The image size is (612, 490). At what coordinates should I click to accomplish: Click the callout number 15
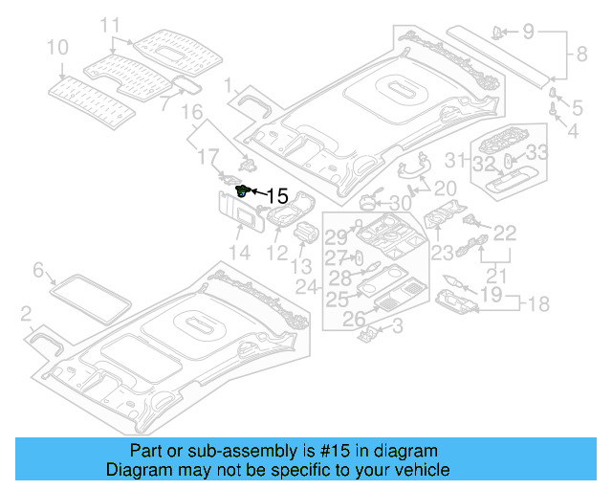tap(276, 196)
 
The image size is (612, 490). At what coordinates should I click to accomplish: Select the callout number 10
tap(56, 46)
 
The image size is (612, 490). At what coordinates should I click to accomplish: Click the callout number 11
tap(111, 23)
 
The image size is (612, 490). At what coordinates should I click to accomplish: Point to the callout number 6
tap(38, 271)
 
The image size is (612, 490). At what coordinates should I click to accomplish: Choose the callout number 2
tap(26, 312)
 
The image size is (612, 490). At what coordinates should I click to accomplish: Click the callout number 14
tap(238, 253)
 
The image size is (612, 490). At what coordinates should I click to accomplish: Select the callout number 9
tap(528, 32)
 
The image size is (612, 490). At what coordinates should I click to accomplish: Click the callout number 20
tap(446, 188)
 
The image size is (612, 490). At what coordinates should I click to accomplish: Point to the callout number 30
tap(400, 203)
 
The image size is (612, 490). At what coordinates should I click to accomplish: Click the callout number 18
tap(538, 304)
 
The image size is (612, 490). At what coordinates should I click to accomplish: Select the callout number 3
tap(398, 327)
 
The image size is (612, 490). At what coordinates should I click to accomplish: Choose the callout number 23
tap(441, 253)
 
